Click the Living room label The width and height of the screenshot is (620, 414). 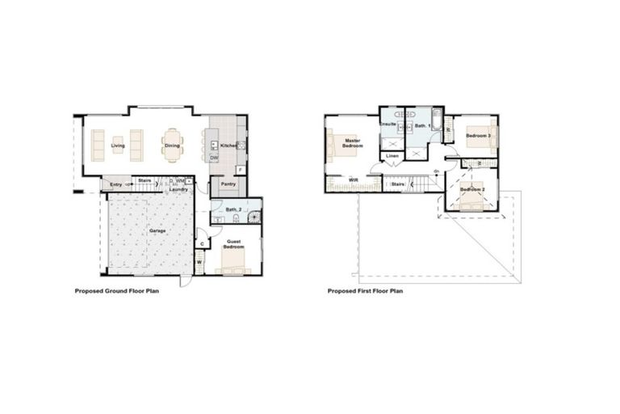tap(119, 146)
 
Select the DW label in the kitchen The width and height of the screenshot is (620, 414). tap(214, 158)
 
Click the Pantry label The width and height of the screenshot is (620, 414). tap(228, 184)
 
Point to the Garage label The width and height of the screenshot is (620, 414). tap(157, 230)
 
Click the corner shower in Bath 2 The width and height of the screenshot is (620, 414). tap(254, 217)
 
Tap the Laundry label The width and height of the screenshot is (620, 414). tap(178, 189)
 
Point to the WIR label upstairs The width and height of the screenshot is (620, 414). tap(353, 180)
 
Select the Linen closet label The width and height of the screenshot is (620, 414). tap(392, 155)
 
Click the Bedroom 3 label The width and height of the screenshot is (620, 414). tap(479, 136)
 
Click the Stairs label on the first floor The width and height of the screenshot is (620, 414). tap(397, 184)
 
